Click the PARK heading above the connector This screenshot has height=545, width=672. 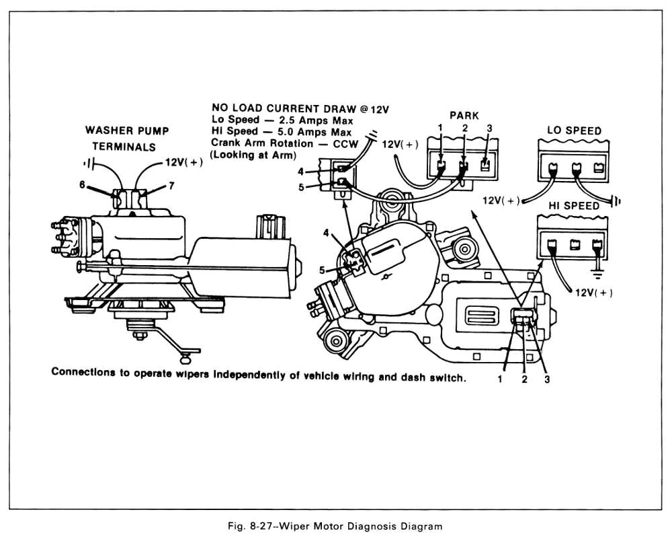click(x=464, y=115)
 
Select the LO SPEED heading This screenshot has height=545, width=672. click(x=574, y=131)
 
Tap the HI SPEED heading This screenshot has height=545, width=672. click(x=571, y=205)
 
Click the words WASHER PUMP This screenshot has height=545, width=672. click(x=127, y=131)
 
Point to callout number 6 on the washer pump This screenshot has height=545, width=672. click(x=82, y=184)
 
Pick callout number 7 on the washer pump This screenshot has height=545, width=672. click(x=171, y=185)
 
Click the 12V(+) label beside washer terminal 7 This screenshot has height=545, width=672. click(x=183, y=163)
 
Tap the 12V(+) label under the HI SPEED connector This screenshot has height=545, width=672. click(x=592, y=293)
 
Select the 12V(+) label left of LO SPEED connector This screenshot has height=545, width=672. click(x=501, y=200)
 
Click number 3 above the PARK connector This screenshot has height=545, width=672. click(x=489, y=128)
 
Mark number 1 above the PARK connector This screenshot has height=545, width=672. click(x=439, y=128)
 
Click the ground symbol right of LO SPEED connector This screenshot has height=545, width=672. click(x=616, y=200)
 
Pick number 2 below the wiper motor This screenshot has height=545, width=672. click(x=524, y=379)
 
